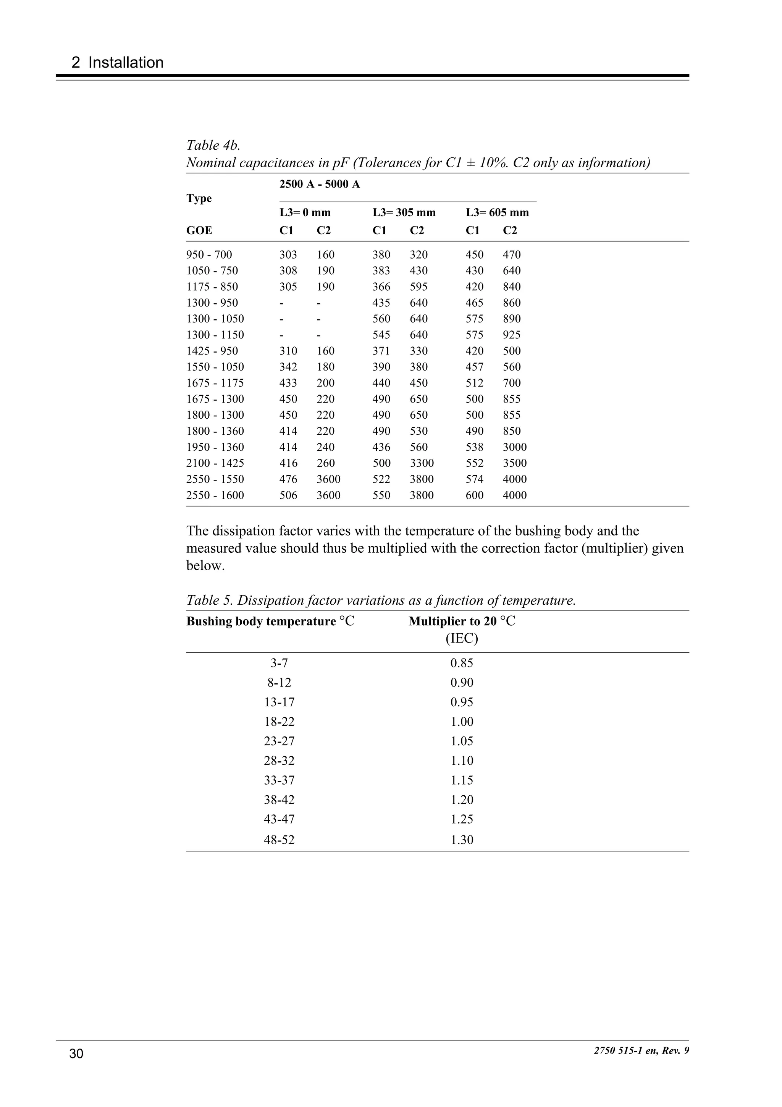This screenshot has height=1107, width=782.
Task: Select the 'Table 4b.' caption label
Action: (x=213, y=145)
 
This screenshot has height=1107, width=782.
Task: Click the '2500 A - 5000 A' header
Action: (x=320, y=184)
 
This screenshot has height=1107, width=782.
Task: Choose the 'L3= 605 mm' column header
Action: (x=497, y=213)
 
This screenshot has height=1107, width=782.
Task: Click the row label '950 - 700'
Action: (x=209, y=254)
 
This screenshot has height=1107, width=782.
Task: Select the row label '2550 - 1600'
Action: (x=215, y=495)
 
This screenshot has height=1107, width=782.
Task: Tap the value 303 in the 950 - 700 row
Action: (x=288, y=254)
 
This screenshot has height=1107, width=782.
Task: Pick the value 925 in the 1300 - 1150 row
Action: (x=511, y=335)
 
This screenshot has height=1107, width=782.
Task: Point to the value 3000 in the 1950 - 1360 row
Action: (x=515, y=447)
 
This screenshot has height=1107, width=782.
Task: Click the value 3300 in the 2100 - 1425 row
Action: (x=422, y=463)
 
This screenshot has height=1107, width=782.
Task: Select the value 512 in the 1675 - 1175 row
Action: (x=474, y=383)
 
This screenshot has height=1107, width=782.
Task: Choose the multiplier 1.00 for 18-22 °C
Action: (x=462, y=722)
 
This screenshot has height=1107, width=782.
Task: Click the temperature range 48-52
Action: (x=279, y=840)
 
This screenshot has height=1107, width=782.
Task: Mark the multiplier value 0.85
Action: (x=462, y=663)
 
